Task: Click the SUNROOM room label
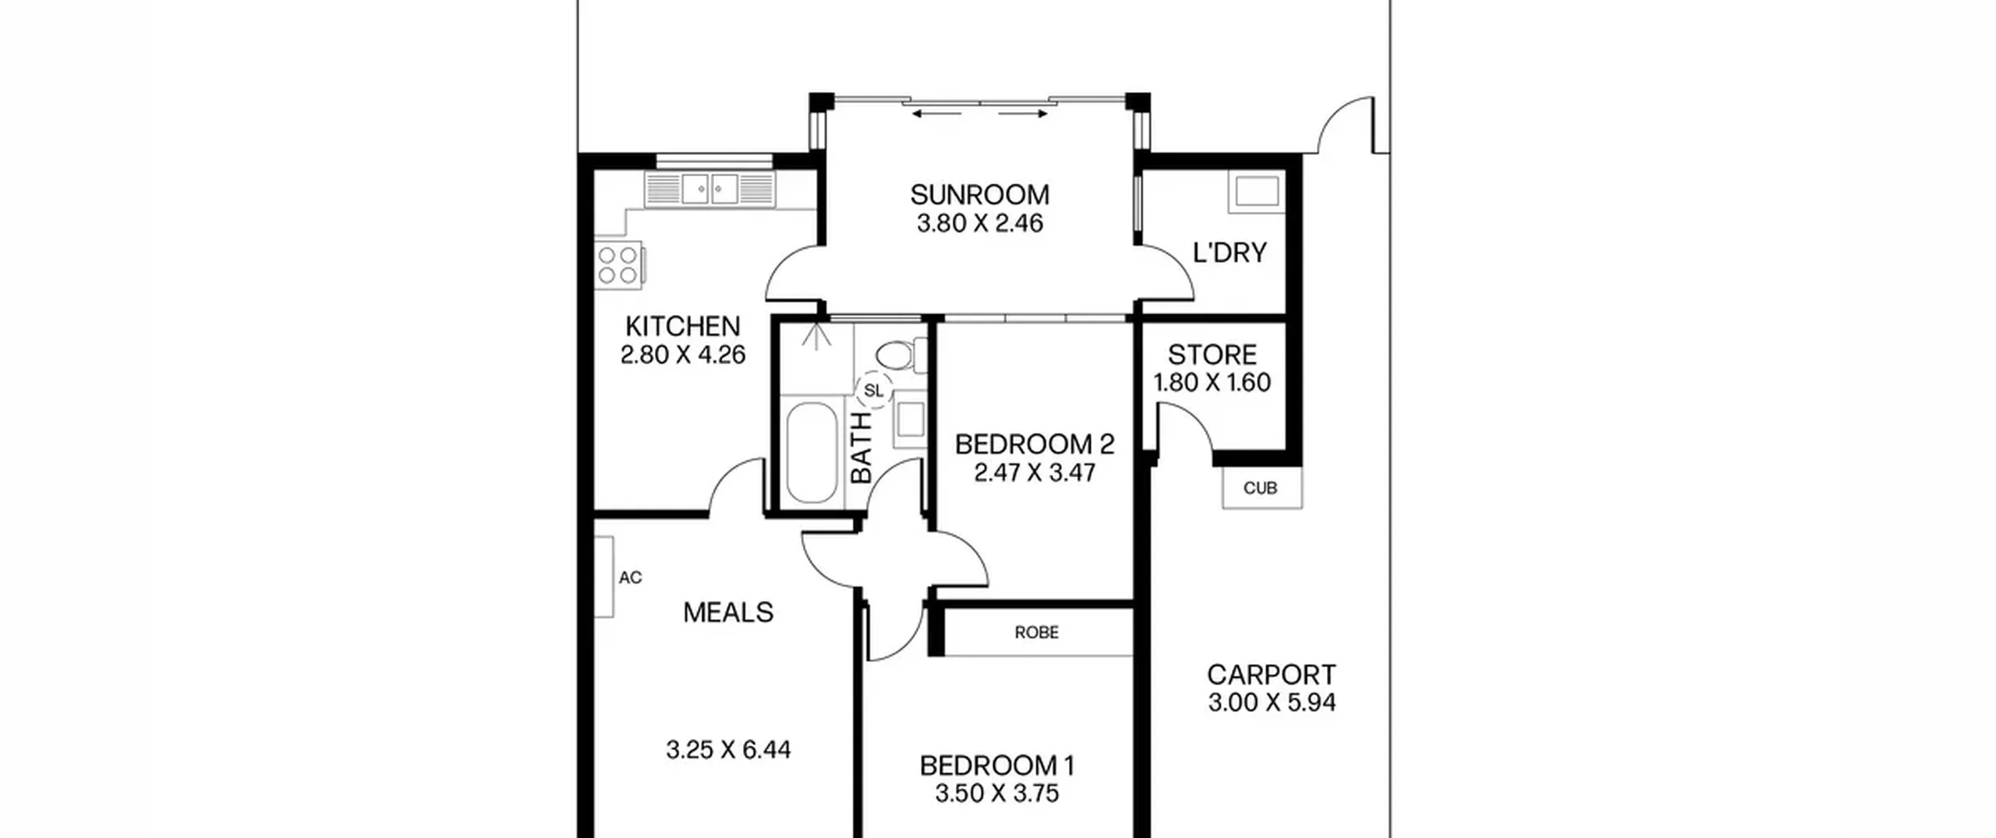(979, 194)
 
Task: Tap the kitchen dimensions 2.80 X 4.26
(683, 355)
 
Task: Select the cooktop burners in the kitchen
(618, 265)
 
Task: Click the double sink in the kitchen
(710, 189)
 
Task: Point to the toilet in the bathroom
(901, 355)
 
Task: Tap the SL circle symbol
(874, 391)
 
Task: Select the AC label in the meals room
(630, 578)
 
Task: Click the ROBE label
(1036, 632)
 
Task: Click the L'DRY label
(1230, 253)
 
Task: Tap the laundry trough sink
(1256, 191)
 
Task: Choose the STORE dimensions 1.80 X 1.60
(1212, 383)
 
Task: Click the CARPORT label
(1272, 674)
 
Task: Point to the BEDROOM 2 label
(1035, 444)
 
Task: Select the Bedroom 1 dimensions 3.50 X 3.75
(997, 794)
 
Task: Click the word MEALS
(728, 613)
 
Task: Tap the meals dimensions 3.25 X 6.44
(728, 750)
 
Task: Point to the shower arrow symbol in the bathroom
(815, 337)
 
